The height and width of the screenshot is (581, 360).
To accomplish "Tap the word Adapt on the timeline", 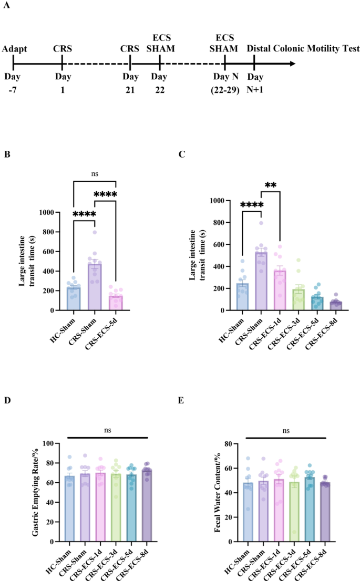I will [x=14, y=49].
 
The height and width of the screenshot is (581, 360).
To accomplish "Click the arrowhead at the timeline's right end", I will [x=291, y=64].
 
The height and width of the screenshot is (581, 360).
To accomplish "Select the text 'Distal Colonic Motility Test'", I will [x=303, y=49].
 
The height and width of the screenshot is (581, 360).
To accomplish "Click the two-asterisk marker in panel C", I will [x=271, y=185].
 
